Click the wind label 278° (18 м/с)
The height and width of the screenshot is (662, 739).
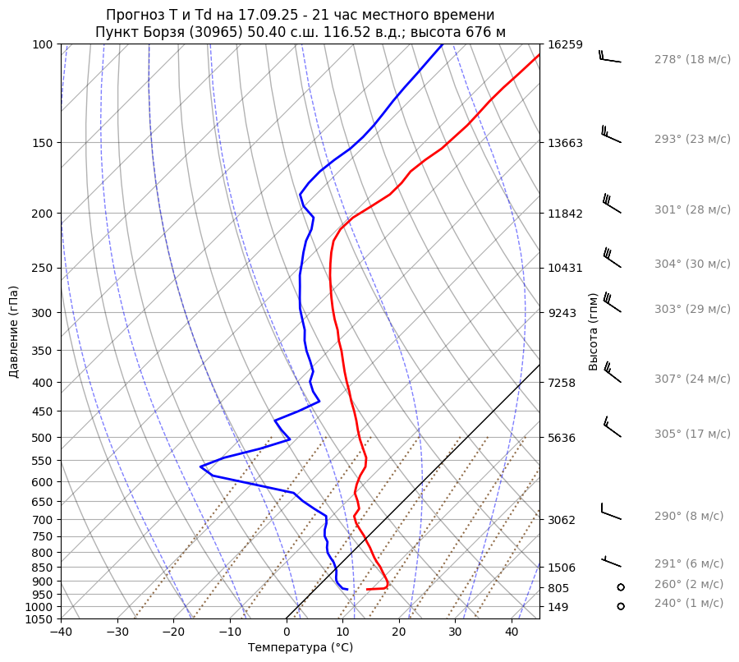(692, 60)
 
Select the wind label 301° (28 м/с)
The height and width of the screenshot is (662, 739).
(692, 210)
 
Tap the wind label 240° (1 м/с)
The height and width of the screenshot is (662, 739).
(689, 604)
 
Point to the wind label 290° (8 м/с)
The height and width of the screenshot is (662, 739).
(689, 517)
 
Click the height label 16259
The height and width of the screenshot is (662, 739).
(566, 45)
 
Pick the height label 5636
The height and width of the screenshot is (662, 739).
(562, 438)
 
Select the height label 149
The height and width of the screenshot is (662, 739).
(559, 608)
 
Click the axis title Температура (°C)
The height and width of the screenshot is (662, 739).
(301, 648)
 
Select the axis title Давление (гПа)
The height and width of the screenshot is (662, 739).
(14, 332)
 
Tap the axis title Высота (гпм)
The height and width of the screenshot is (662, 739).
(593, 332)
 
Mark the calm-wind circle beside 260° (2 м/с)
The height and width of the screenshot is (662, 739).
(621, 587)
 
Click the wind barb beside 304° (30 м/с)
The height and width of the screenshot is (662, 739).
(612, 258)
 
